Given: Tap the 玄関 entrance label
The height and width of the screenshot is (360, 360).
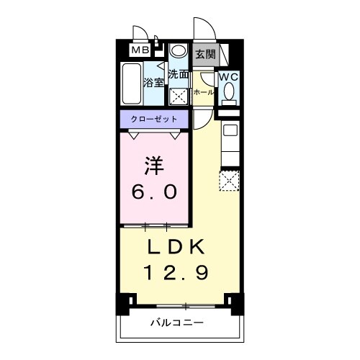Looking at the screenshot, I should coord(204,54).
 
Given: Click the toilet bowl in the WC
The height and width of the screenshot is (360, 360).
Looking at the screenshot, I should coord(229,92).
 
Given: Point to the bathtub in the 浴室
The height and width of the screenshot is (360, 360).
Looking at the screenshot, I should coord(131,84).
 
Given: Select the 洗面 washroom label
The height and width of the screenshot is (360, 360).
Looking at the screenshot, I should coord(179,74).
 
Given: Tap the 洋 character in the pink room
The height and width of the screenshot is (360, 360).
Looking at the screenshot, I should coord(154,165).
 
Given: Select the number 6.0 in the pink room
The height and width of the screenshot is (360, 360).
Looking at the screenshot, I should coord(154,193).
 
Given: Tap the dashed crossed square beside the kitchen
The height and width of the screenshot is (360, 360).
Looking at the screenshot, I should coord(230,180).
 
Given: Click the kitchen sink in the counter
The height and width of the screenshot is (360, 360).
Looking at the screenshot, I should coord(230,130).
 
